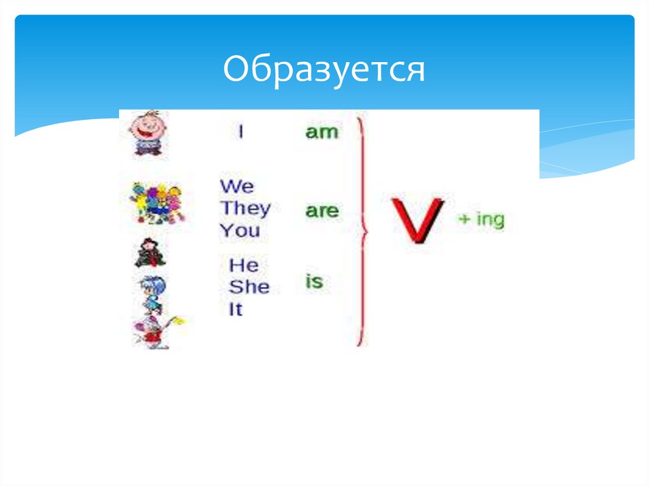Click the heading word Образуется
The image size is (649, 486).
pos(323,70)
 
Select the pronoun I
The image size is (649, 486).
pos(241,132)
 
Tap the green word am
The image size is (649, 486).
pos(322,132)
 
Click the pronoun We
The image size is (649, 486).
pos(236,186)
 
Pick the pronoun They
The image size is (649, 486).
pos(245,208)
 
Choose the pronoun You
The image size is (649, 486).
pos(240,230)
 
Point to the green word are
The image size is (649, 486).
pos(322,211)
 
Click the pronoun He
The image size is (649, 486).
pos(243,265)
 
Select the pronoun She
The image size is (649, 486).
pos(248,287)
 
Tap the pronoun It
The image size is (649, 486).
pos(236,310)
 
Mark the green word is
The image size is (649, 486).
pos(314,281)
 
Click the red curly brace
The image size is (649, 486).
pos(363,231)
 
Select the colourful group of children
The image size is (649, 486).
pos(156,203)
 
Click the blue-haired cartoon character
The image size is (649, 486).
pos(152,293)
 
